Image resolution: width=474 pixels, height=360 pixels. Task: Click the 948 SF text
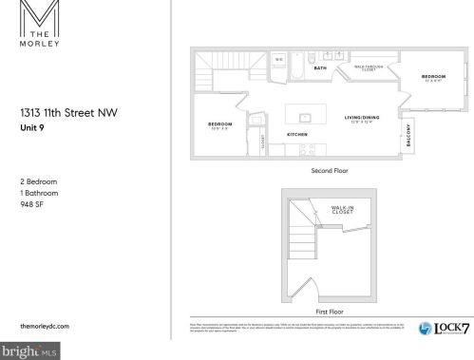[32, 200]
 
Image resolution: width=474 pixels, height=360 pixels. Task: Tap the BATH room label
[320, 68]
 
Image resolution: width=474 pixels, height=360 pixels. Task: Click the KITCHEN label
[297, 135]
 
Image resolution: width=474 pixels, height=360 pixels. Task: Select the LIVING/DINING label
[363, 118]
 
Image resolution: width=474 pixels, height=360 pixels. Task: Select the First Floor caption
[327, 311]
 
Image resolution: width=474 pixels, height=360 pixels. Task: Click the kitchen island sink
[306, 118]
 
